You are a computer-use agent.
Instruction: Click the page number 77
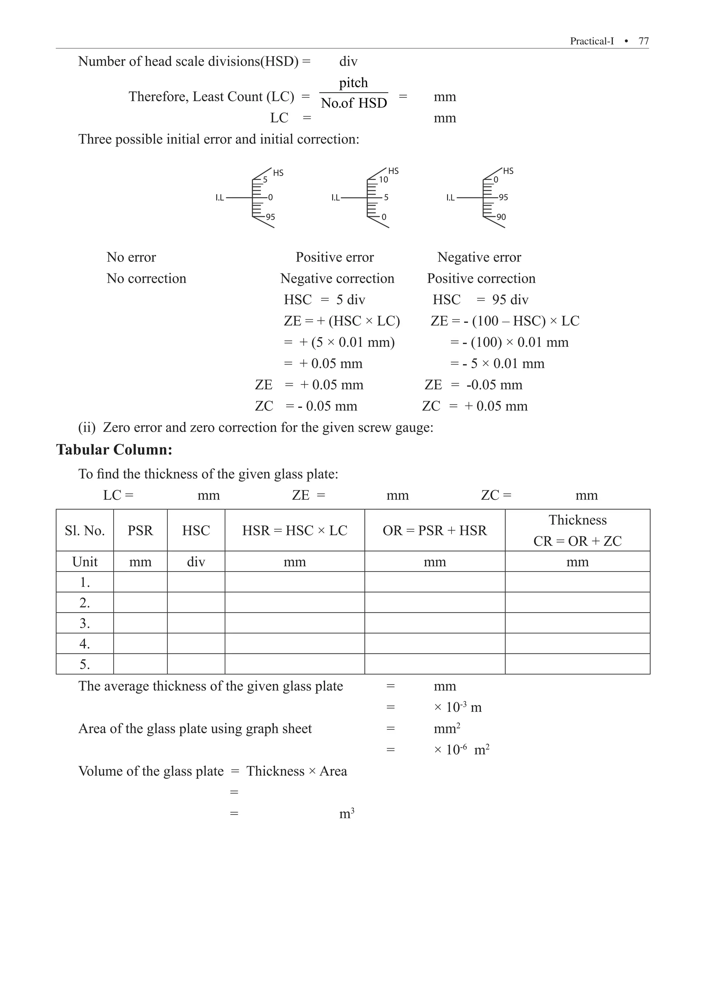pos(643,41)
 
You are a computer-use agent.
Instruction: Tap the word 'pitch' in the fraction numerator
pos(353,83)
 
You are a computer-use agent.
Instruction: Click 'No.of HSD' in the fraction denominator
pos(354,103)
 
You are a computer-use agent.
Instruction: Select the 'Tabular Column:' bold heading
pos(114,450)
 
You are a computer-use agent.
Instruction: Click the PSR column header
pos(141,530)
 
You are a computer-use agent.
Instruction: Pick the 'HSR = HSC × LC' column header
pos(294,530)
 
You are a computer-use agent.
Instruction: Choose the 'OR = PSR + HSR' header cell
pos(434,530)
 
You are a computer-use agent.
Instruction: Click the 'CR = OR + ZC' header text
pos(577,542)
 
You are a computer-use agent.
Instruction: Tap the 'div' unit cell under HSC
pos(196,562)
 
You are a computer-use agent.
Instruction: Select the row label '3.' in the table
pos(85,623)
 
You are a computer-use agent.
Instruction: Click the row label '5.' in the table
pos(85,664)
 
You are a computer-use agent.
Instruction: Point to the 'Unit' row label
pos(85,562)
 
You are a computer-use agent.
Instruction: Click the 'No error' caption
pos(131,257)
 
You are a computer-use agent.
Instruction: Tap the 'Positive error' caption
pos(335,257)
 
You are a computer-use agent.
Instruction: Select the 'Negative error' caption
pos(479,257)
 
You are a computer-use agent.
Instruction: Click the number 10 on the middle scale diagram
pos(384,180)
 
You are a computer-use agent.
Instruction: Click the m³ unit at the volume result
pos(347,814)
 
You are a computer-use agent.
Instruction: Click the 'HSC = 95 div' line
pos(481,300)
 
